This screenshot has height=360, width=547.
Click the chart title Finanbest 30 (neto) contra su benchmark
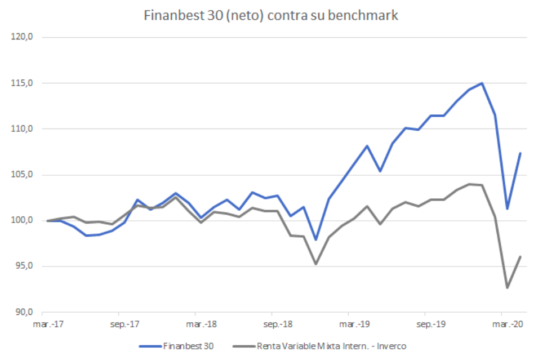tap(271, 15)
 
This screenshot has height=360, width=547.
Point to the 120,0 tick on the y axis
tap(23, 37)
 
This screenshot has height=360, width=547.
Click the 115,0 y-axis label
tap(23, 83)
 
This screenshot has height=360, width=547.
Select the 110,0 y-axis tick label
tap(23, 129)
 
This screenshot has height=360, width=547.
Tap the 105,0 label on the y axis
tap(23, 175)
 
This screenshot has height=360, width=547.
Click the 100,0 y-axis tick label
tap(23, 220)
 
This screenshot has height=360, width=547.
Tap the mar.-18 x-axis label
tap(195, 325)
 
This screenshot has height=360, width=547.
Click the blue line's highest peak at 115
tap(482, 83)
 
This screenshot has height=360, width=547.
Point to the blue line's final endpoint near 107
tap(520, 153)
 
